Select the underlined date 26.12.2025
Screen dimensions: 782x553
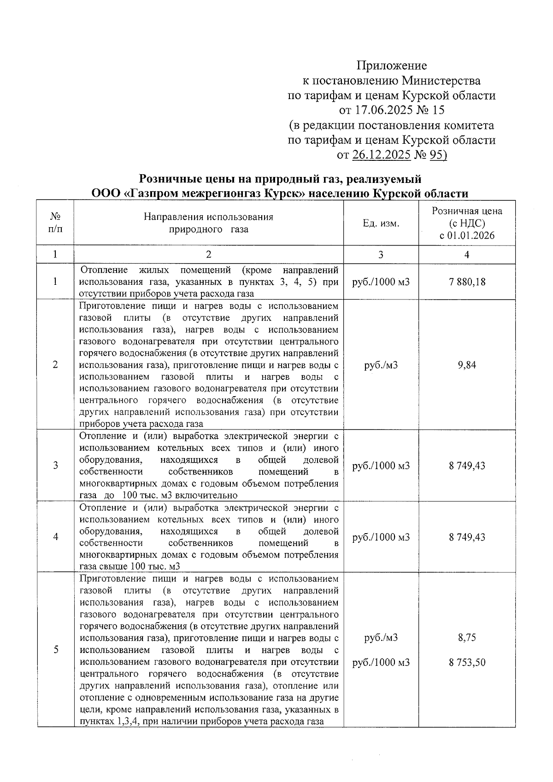tap(381, 155)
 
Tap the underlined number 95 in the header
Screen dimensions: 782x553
tap(436, 155)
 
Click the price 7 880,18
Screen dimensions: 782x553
tap(467, 282)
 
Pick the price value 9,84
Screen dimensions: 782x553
tap(467, 365)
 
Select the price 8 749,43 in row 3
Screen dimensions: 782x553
tap(467, 465)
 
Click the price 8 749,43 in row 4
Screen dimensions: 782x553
tap(467, 537)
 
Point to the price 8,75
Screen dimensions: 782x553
tap(467, 638)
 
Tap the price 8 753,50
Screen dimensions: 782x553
tap(467, 663)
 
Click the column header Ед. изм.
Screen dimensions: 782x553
tap(381, 223)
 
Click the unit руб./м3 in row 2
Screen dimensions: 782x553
tap(381, 365)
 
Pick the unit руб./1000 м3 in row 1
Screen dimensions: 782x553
tap(381, 282)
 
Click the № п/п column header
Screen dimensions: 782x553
tap(55, 223)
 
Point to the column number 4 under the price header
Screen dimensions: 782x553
tap(467, 254)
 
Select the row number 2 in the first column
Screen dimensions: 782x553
tap(55, 365)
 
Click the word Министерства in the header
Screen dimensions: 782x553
tap(441, 81)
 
